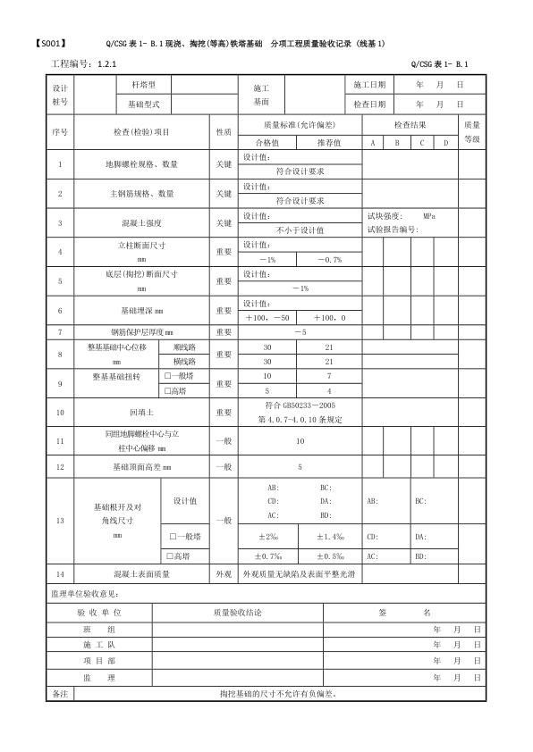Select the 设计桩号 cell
coord(60,94)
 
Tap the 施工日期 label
coord(369,85)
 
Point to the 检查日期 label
coord(369,104)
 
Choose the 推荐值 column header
coord(330,142)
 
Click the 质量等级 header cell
coord(472,132)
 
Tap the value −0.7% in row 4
coord(330,259)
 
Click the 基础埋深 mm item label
coord(141,311)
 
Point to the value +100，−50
coord(268,317)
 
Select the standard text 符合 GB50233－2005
coord(299,405)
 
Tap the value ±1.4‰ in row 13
coord(330,536)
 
